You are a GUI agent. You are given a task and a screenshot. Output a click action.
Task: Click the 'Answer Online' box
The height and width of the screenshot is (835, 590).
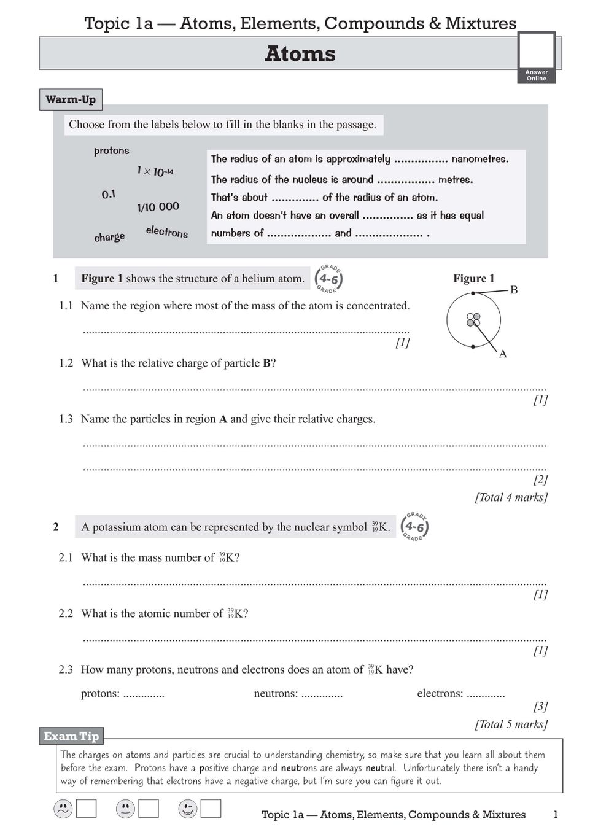pyautogui.click(x=537, y=57)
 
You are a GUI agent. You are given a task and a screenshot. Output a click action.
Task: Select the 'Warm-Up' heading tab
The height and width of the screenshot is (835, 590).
pyautogui.click(x=71, y=99)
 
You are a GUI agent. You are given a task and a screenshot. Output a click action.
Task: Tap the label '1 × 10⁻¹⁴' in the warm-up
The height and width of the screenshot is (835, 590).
pyautogui.click(x=155, y=171)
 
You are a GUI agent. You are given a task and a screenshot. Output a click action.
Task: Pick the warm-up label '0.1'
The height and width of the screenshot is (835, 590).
pyautogui.click(x=109, y=195)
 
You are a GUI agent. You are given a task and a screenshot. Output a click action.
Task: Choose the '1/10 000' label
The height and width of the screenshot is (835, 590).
pyautogui.click(x=158, y=207)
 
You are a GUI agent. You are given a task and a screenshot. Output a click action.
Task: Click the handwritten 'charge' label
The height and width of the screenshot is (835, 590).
pyautogui.click(x=109, y=237)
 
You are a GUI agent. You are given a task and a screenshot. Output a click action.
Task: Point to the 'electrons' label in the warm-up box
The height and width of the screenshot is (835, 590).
pyautogui.click(x=167, y=231)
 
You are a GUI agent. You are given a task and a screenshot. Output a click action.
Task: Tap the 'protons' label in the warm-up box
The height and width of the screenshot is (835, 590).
pyautogui.click(x=112, y=150)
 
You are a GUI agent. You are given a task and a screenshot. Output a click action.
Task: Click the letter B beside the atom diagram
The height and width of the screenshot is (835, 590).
pyautogui.click(x=514, y=290)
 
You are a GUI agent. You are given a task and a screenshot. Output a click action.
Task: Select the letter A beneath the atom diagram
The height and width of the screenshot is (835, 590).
pyautogui.click(x=503, y=354)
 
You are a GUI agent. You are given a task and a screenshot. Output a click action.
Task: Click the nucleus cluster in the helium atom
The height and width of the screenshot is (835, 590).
pyautogui.click(x=473, y=320)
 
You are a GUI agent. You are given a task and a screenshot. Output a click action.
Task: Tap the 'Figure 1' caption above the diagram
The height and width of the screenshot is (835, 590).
pyautogui.click(x=473, y=278)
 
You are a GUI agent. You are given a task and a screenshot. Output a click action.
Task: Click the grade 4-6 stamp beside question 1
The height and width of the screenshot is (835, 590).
pyautogui.click(x=328, y=279)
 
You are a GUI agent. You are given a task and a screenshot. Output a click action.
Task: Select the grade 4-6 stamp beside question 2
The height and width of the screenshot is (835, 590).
pyautogui.click(x=414, y=526)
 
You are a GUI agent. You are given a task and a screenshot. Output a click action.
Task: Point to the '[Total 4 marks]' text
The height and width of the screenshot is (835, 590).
pyautogui.click(x=511, y=497)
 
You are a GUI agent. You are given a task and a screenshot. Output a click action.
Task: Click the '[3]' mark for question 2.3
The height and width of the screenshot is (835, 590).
pyautogui.click(x=540, y=706)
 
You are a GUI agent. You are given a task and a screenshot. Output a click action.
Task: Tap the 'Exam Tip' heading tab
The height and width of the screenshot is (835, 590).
pyautogui.click(x=71, y=736)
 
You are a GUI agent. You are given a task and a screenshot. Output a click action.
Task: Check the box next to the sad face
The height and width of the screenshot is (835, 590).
pyautogui.click(x=86, y=809)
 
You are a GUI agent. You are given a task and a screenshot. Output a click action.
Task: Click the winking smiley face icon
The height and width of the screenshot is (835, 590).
pyautogui.click(x=187, y=809)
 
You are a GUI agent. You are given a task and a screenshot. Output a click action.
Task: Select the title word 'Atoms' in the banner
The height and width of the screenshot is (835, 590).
pyautogui.click(x=300, y=54)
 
